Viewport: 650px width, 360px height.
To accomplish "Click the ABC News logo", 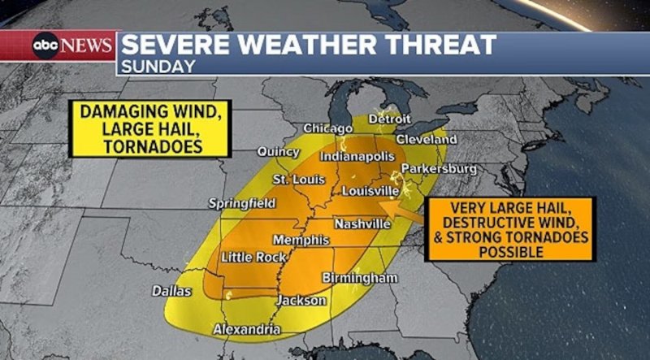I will pos(72,46).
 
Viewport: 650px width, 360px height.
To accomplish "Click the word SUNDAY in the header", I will pos(159,66).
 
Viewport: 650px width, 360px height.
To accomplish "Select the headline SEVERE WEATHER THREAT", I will pos(309,45).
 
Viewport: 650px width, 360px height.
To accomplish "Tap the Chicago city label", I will pos(328,128).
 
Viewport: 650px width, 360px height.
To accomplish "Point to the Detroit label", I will pos(389,119).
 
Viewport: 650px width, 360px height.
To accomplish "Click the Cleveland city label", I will pos(427,140).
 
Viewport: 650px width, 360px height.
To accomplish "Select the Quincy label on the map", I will pos(279,152).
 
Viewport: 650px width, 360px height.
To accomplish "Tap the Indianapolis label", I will pos(357,155).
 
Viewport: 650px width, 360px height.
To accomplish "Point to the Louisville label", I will pos(370,191).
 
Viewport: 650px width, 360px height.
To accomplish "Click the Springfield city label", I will pos(242,202).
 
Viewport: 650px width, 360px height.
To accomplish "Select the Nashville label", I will pos(362,223).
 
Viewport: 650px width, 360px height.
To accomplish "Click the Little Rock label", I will pos(254,257).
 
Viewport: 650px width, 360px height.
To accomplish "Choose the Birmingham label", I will pos(360,278).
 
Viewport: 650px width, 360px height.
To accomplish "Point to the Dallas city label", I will pos(172,290).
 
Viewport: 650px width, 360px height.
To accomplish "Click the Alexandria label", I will pos(246,329).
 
